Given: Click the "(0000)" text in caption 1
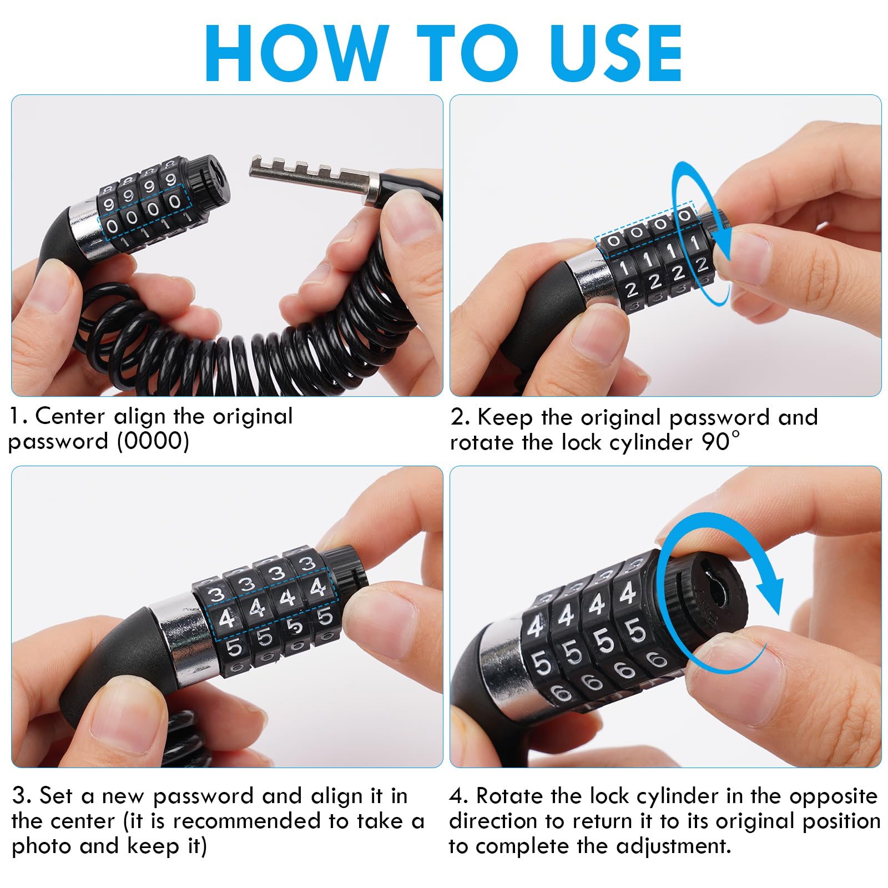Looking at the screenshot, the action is pos(153,442).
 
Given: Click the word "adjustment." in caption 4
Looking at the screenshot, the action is pos(674,846).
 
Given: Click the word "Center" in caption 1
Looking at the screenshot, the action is pos(70,416).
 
